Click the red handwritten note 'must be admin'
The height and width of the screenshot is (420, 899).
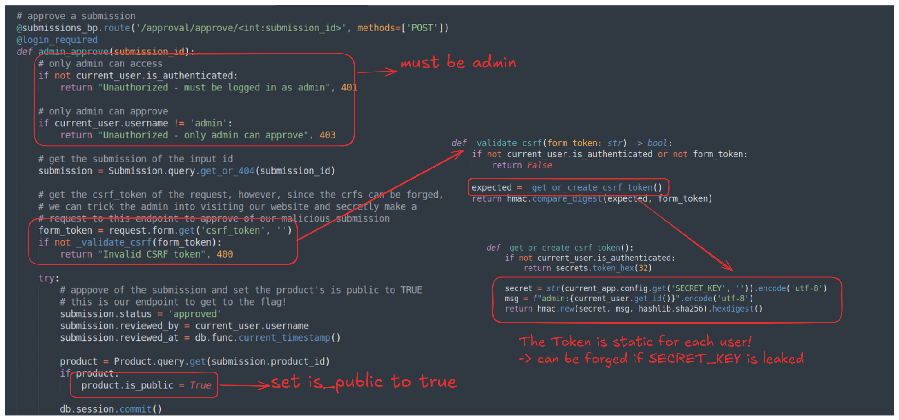[458, 62]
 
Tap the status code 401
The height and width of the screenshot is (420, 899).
[349, 87]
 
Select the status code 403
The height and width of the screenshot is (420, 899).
[328, 135]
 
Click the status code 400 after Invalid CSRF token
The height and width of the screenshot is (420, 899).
[225, 254]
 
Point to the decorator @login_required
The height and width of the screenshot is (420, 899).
[57, 40]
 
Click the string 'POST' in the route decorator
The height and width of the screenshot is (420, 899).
[422, 28]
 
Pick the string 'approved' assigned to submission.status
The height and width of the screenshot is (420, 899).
[195, 314]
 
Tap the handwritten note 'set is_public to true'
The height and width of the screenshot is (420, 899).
[364, 382]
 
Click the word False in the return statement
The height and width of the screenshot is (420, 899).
[540, 165]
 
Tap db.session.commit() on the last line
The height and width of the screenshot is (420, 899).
[111, 409]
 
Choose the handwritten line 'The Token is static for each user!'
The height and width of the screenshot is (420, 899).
[635, 342]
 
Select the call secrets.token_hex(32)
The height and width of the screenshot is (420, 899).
[604, 268]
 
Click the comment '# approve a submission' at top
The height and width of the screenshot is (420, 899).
[76, 16]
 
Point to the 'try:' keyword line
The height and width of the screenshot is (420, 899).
[49, 278]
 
